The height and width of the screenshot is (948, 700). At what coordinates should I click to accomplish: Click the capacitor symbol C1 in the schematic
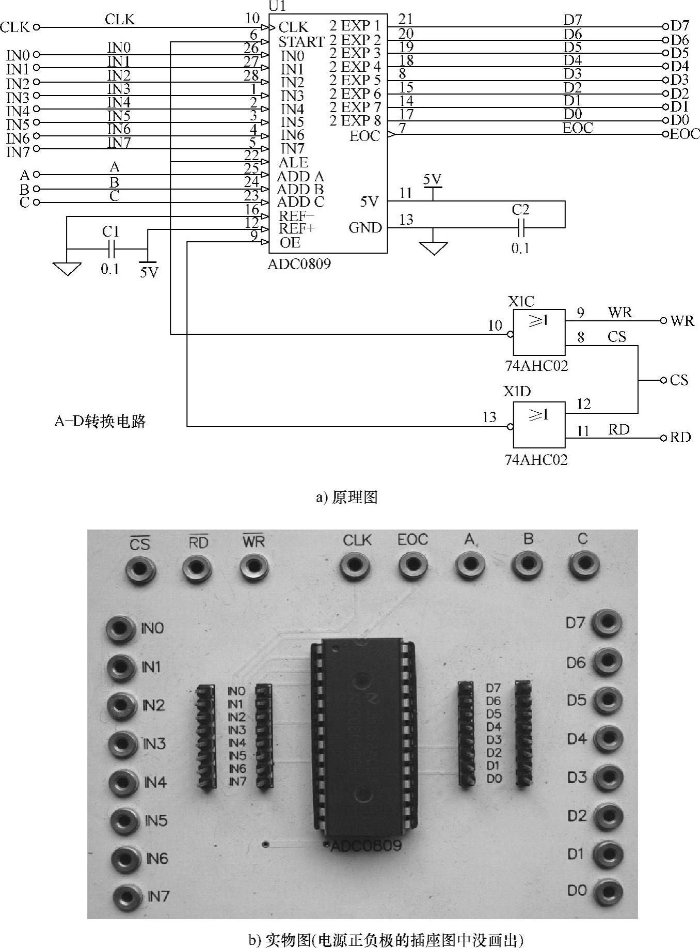[x=111, y=250]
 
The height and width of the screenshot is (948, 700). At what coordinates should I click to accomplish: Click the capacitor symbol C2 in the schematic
[x=521, y=227]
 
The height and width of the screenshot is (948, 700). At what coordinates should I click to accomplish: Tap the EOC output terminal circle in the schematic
[x=665, y=134]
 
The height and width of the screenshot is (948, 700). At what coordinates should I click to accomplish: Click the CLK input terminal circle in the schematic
[x=36, y=27]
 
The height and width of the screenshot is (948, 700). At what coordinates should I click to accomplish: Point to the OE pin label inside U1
[x=290, y=243]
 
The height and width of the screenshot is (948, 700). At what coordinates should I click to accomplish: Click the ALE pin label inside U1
[x=293, y=163]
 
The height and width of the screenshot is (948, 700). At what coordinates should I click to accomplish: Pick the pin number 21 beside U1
[x=406, y=20]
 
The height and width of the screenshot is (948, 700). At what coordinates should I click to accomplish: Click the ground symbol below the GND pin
[x=434, y=248]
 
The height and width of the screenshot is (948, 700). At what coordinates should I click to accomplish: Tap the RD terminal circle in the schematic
[x=664, y=438]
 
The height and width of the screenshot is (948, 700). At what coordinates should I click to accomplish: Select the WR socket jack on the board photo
[x=253, y=567]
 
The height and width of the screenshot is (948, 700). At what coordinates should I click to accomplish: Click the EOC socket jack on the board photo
[x=413, y=565]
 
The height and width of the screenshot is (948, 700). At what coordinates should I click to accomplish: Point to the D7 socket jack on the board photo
[x=606, y=623]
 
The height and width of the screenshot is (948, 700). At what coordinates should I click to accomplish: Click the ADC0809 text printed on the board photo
[x=366, y=846]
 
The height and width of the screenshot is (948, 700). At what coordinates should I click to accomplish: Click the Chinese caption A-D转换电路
[x=100, y=422]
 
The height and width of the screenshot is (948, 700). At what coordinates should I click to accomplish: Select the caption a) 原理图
[x=346, y=498]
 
